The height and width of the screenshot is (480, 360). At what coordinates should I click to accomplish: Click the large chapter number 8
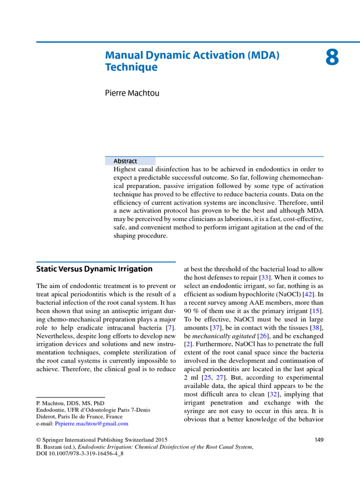coord(331,58)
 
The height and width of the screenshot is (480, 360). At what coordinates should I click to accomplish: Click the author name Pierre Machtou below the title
coord(132,93)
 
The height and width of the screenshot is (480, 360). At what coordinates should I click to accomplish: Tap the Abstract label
coord(125,161)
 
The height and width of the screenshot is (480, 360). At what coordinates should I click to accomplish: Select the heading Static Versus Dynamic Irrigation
coord(94,269)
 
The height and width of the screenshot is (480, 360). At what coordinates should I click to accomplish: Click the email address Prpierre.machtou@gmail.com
coord(91,423)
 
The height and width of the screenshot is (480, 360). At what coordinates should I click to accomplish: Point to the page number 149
coord(318,440)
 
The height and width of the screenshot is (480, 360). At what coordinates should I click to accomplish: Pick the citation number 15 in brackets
coord(317,311)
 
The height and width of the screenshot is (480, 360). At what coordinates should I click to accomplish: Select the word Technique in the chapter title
coord(131,67)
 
